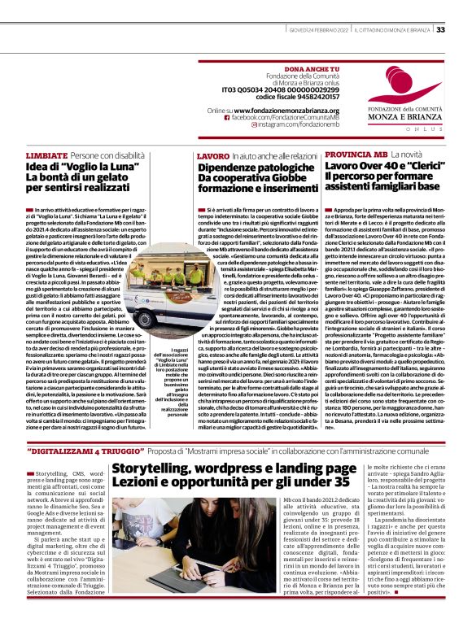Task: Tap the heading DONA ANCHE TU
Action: tap(290, 72)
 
